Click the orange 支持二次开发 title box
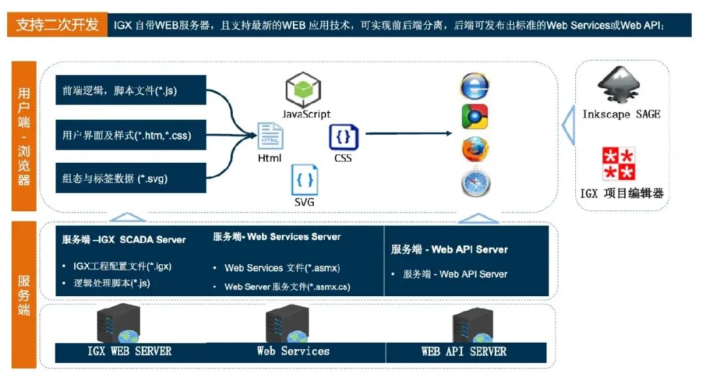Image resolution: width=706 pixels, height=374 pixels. click(57, 25)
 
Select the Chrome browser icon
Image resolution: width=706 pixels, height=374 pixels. click(475, 117)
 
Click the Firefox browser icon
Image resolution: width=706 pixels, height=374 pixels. click(475, 150)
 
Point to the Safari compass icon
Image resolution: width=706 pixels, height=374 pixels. click(475, 183)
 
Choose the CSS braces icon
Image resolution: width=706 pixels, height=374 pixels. click(343, 137)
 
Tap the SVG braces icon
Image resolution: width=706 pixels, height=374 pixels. click(305, 180)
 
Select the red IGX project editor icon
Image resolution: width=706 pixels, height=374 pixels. click(618, 164)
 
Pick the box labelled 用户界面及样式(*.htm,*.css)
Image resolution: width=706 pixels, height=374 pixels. click(131, 136)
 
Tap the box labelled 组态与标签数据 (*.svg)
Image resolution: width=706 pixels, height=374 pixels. click(131, 178)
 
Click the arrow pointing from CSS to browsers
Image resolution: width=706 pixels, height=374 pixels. click(408, 133)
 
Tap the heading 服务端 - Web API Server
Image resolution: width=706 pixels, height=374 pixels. click(450, 249)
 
